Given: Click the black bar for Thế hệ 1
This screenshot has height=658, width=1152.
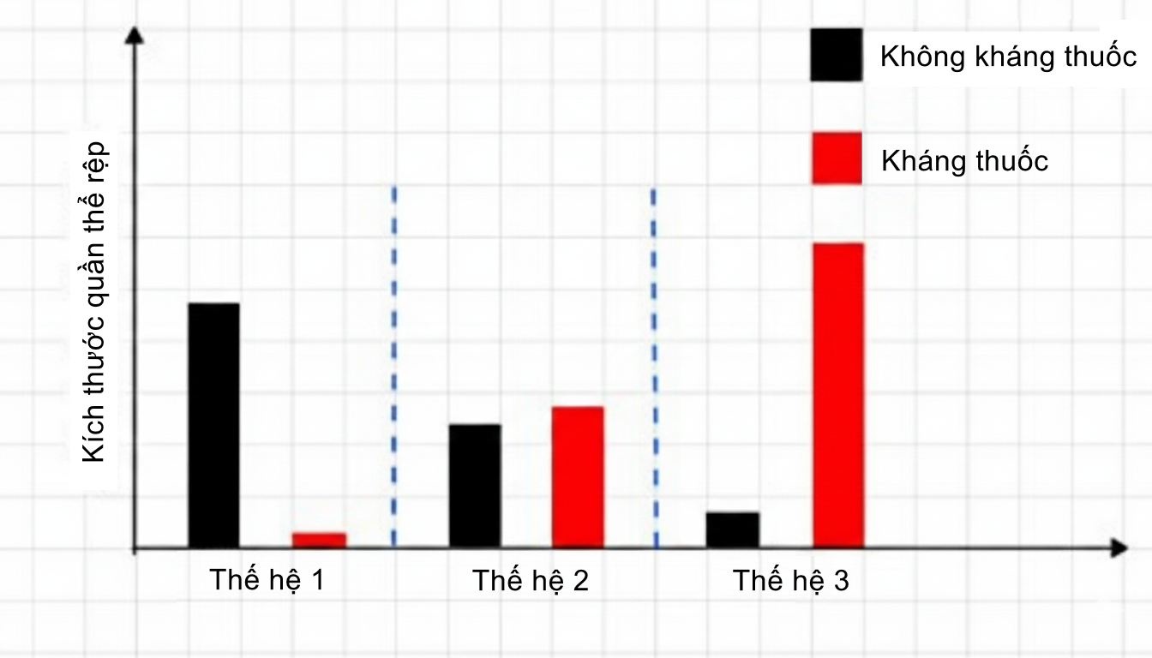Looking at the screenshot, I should coord(213,425).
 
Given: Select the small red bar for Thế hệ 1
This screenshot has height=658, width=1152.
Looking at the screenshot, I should coord(319,540).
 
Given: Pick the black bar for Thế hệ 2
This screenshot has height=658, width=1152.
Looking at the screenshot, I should coord(475,485).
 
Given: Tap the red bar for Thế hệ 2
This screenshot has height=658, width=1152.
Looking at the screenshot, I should coord(578,476).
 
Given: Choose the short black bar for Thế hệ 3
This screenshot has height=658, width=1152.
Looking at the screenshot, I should coord(733,529).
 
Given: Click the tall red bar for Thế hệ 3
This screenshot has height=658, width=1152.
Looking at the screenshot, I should coord(838,395).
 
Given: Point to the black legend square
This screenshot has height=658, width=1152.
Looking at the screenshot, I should coord(836,55).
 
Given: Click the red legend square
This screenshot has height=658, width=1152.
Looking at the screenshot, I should coord(837,158).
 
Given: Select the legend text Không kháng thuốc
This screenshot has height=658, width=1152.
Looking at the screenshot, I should coord(1008,57).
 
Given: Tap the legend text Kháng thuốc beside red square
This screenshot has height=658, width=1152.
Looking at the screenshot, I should coord(964,161).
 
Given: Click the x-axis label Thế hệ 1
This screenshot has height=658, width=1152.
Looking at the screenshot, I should coord(267,581).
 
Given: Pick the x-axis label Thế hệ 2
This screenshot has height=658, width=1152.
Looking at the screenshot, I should coord(531,581).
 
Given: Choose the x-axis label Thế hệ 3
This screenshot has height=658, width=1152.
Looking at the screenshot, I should coord(790,581).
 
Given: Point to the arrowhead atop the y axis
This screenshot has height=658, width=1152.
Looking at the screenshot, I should coord(134,36).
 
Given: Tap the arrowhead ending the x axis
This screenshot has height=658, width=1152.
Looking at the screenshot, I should coord(1118,547).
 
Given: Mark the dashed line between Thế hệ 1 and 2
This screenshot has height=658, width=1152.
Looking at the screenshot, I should coord(393,364).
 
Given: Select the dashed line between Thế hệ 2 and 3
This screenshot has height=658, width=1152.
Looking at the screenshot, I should coord(655,364).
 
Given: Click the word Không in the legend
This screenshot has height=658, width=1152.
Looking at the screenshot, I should coord(917,57).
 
